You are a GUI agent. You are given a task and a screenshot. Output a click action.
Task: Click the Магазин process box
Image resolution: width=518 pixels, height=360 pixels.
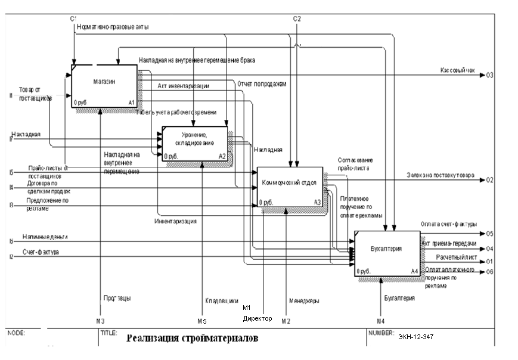tap(104, 86)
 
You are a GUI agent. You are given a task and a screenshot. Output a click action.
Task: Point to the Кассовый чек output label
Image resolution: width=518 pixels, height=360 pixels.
tap(457, 70)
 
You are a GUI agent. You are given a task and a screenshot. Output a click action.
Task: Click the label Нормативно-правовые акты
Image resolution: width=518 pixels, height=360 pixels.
tap(113, 27)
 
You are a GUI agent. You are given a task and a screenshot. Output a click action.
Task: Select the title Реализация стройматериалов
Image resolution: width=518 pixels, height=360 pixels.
tap(193, 339)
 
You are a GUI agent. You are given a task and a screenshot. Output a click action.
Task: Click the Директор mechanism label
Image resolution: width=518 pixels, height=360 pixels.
tap(258, 319)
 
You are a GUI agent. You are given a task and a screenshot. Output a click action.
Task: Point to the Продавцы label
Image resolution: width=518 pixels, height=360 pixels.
tap(117, 298)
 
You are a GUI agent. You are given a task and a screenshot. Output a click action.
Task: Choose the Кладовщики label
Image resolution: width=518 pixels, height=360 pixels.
tap(221, 301)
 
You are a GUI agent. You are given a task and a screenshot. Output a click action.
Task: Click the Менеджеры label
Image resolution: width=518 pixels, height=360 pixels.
tap(304, 301)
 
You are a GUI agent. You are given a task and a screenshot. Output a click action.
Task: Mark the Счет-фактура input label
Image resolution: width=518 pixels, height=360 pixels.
tap(41, 253)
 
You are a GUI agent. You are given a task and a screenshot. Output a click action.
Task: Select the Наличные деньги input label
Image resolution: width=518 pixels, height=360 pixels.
tap(45, 237)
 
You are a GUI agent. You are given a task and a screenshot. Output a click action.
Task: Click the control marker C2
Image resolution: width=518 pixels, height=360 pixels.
tap(297, 19)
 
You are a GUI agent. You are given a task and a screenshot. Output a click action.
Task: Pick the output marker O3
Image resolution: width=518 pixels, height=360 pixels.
tap(489, 75)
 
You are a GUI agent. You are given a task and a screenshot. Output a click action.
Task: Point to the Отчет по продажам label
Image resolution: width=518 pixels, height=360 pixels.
tap(262, 84)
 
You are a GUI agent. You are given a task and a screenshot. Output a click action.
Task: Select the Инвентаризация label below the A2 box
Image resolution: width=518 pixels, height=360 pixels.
tap(176, 221)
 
